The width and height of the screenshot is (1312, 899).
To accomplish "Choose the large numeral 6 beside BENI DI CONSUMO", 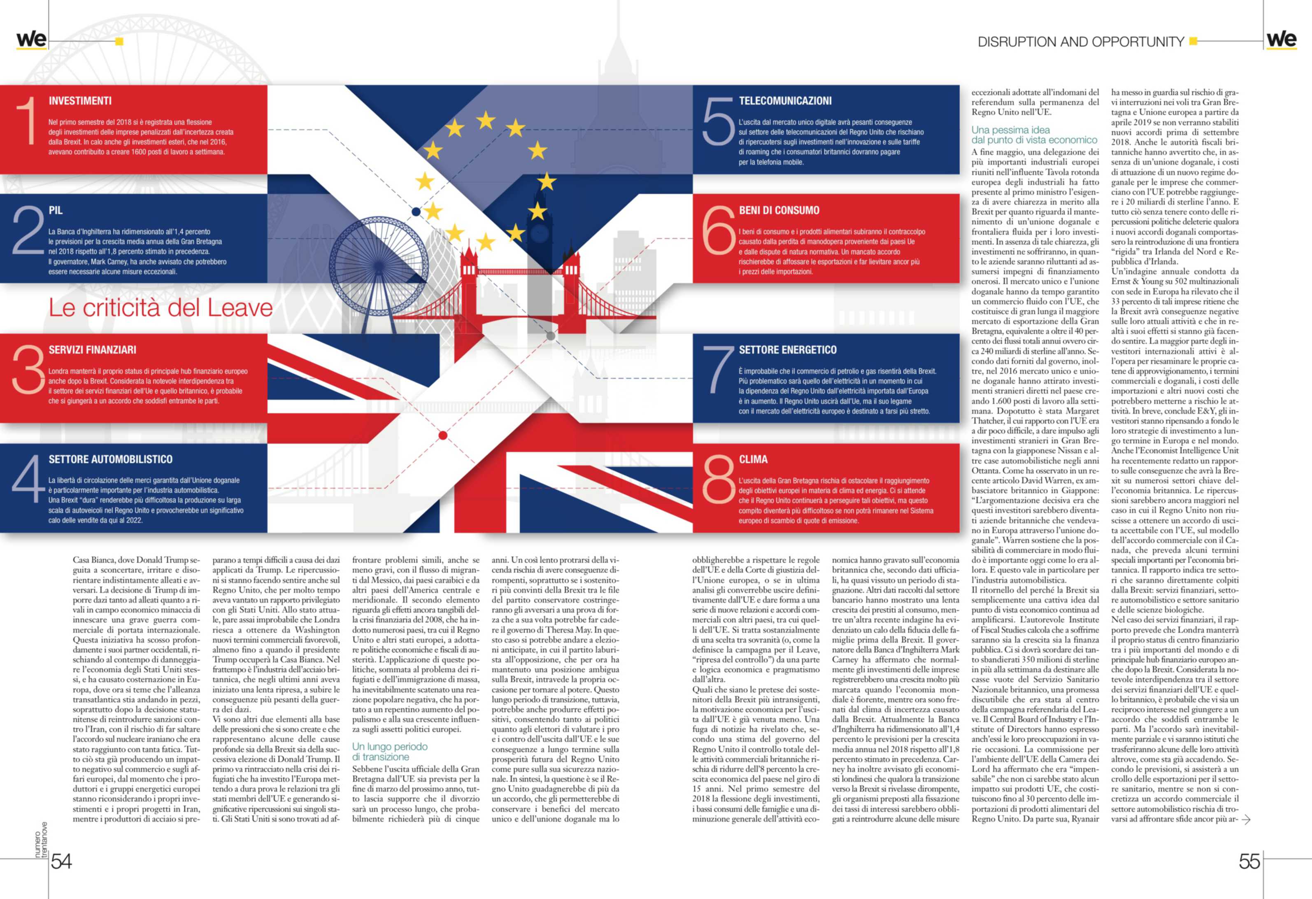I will pyautogui.click(x=718, y=231).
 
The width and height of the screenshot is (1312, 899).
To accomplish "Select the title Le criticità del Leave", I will pyautogui.click(x=161, y=308).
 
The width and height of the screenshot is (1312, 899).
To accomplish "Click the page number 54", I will pyautogui.click(x=61, y=861).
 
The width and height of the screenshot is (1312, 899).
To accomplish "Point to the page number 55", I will pyautogui.click(x=1249, y=861).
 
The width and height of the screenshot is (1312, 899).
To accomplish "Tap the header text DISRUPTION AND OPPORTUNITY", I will pyautogui.click(x=1081, y=42).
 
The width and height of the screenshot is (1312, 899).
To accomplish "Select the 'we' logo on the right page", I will pyautogui.click(x=1282, y=40).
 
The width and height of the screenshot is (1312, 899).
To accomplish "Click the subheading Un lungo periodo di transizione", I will pyautogui.click(x=390, y=752).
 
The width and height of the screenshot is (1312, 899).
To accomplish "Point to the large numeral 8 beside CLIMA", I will pyautogui.click(x=718, y=480).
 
